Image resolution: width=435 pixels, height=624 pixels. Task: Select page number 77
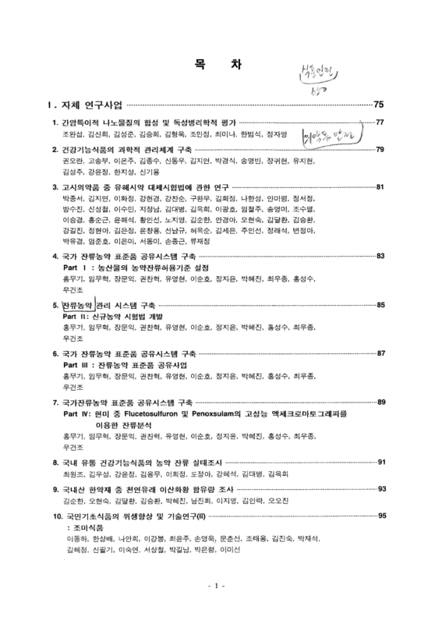tap(380, 122)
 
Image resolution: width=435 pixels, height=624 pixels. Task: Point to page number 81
tap(380, 187)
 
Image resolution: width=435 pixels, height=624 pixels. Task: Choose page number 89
tap(380, 402)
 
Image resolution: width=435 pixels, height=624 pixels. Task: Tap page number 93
tap(380, 488)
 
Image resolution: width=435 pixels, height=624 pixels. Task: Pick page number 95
tap(380, 516)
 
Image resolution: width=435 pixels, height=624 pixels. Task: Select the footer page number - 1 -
tap(217, 607)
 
